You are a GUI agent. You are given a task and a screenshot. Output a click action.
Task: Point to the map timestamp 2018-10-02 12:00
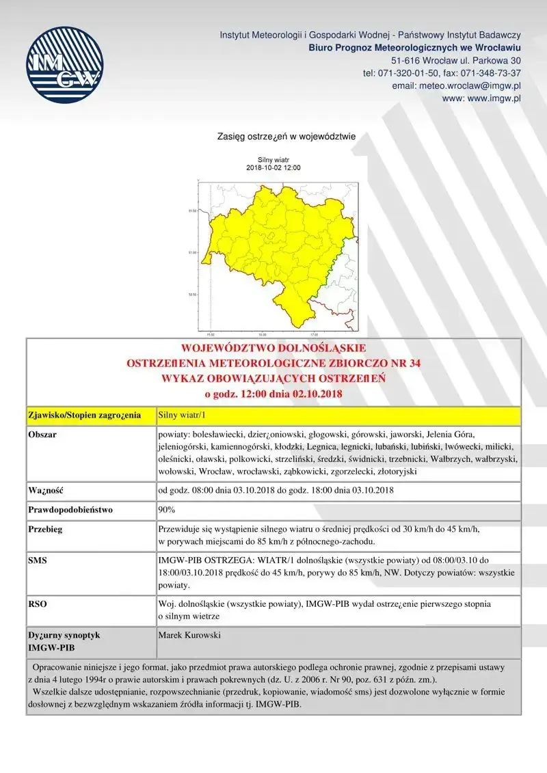pyautogui.click(x=273, y=167)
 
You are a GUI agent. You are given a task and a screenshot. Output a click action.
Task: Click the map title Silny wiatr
pyautogui.click(x=273, y=160)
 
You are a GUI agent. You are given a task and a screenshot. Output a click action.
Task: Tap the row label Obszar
pyautogui.click(x=42, y=435)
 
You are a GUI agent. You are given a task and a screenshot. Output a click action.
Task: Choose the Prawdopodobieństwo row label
pyautogui.click(x=70, y=509)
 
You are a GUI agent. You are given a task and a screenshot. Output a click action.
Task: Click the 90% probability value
pyautogui.click(x=167, y=509)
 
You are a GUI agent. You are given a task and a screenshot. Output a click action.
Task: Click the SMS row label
pyautogui.click(x=38, y=560)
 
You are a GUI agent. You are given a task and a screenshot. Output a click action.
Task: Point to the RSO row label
pyautogui.click(x=38, y=604)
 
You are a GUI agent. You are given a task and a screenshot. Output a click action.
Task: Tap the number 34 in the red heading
pyautogui.click(x=411, y=364)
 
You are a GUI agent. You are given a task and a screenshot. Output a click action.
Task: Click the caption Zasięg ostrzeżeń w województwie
pyautogui.click(x=286, y=136)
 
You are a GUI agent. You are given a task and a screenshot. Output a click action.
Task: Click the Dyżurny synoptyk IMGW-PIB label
pyautogui.click(x=64, y=641)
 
